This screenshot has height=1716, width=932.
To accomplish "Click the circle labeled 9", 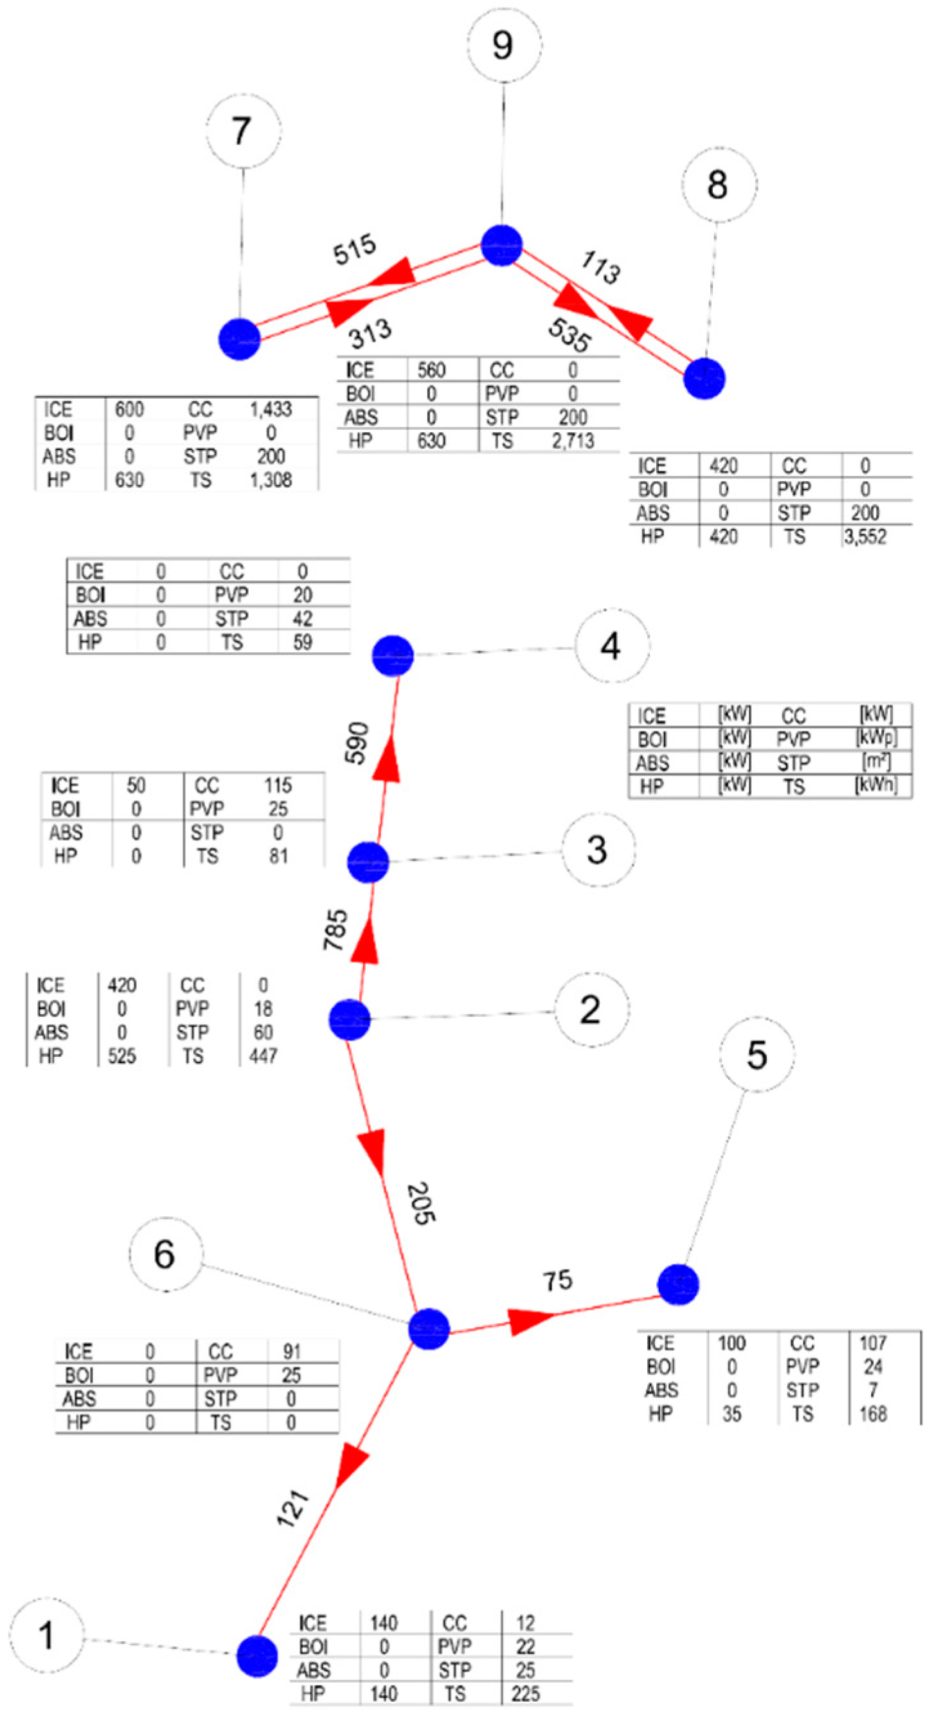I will click(504, 45).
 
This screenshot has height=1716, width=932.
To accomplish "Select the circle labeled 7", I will click(243, 131).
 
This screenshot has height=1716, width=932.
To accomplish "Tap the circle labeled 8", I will click(719, 185).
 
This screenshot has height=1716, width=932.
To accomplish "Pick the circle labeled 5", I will click(757, 1055).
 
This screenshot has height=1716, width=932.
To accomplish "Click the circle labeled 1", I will click(46, 1635).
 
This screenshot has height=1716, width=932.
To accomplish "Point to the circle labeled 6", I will click(165, 1254).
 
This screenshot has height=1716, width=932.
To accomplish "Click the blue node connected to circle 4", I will click(393, 655).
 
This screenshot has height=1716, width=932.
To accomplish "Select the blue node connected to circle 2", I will click(350, 1019).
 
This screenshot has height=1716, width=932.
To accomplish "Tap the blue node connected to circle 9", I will click(501, 245).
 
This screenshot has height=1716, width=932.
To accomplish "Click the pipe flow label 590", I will click(357, 743).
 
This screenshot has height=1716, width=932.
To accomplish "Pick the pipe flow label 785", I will click(336, 930).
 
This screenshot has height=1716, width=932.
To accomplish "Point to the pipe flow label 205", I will click(421, 1203).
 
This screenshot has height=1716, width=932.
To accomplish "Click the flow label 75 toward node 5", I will click(557, 1281).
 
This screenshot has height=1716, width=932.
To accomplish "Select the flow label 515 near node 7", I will click(354, 250).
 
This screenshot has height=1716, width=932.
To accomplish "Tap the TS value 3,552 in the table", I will click(865, 537).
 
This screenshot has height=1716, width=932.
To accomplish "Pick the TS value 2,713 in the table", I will click(573, 441).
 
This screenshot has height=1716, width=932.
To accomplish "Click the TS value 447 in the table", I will click(263, 1056).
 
